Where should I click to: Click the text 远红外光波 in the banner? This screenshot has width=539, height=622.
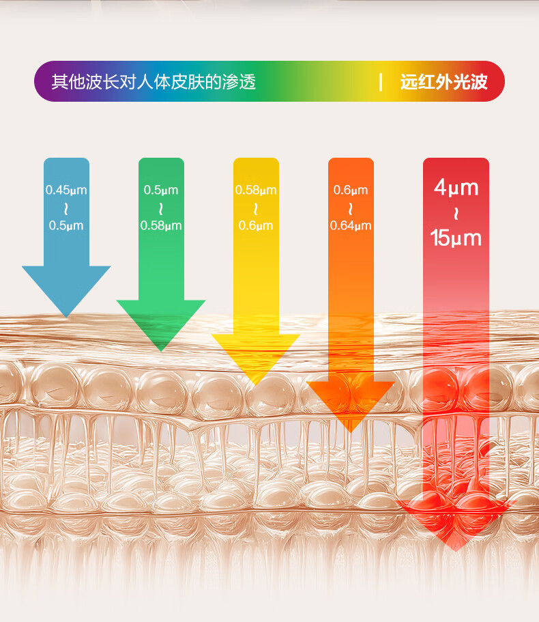tap(444, 83)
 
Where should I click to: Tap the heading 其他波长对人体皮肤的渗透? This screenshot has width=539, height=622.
tap(154, 82)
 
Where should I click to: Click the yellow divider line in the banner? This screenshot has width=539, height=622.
tap(381, 82)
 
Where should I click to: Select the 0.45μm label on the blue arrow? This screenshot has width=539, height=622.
tap(66, 190)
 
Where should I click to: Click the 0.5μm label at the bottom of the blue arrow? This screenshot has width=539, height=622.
tap(66, 225)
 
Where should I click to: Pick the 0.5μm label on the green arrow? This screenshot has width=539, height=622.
tap(161, 190)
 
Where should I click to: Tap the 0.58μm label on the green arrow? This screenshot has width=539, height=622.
tap(161, 225)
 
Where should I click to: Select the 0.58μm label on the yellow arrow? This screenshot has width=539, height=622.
tap(256, 190)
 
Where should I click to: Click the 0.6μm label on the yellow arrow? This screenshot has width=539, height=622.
tap(256, 225)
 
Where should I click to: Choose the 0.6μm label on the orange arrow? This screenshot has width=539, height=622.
tap(351, 190)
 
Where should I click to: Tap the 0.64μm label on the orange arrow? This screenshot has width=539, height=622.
tap(351, 225)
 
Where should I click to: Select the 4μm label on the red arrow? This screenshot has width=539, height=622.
tap(456, 187)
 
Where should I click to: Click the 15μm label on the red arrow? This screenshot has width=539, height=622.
tap(456, 238)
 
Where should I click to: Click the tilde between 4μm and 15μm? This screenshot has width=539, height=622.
tap(456, 213)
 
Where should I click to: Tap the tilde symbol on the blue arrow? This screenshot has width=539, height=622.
tap(66, 208)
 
